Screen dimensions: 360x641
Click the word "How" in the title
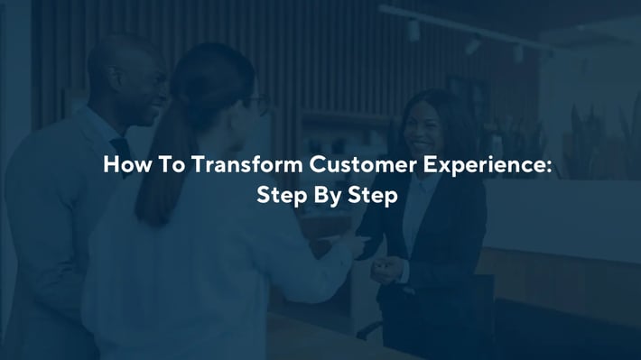coord(123,167)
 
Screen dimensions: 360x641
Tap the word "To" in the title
coord(162,167)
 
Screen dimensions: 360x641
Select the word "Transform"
coord(229,167)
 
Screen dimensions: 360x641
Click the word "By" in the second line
coord(320,197)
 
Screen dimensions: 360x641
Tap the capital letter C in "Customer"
coord(294,167)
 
